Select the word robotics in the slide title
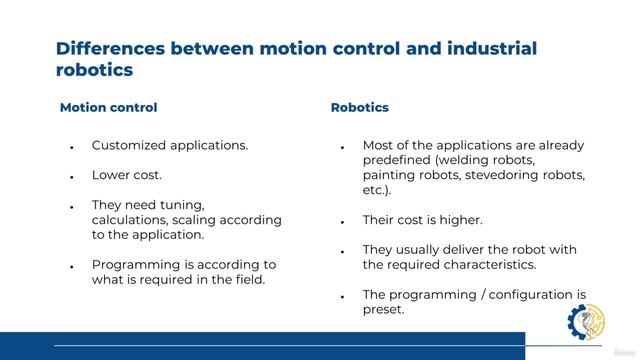(x=93, y=70)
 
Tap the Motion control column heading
(x=108, y=107)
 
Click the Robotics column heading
(x=359, y=107)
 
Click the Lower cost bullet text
(x=126, y=175)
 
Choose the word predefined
(x=396, y=160)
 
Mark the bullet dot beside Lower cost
(x=72, y=176)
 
